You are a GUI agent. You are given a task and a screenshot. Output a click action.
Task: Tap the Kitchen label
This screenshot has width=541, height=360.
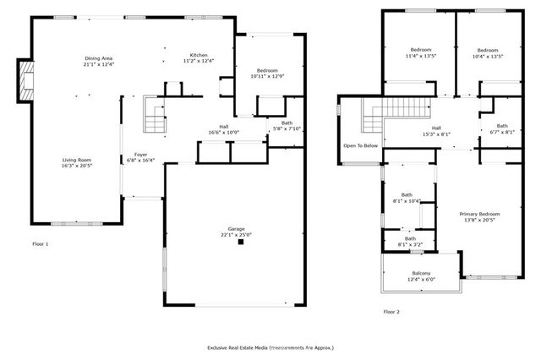199,55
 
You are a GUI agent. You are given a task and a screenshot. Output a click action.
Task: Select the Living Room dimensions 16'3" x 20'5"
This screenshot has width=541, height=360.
76,166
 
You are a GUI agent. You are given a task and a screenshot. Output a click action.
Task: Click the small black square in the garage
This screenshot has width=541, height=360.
241,242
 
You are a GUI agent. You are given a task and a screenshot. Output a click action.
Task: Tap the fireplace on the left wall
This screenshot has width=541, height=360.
27,79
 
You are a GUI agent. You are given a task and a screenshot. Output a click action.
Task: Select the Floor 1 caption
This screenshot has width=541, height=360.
41,244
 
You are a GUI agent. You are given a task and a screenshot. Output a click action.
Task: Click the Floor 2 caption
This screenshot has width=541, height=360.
391,311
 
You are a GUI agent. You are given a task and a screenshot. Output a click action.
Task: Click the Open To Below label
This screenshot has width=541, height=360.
360,145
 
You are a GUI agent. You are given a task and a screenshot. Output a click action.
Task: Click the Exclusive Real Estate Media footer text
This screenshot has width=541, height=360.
270,347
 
